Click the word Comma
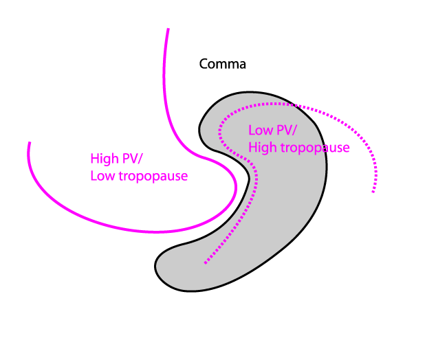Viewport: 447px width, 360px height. coord(222,64)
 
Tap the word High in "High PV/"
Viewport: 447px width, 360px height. coord(105,159)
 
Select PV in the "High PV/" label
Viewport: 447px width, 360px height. coord(130,159)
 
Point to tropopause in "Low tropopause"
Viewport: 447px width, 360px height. coord(153,177)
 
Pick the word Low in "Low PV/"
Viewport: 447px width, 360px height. coord(261,131)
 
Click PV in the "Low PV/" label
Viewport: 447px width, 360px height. coord(285,131)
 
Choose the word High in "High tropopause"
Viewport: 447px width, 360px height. coord(263,148)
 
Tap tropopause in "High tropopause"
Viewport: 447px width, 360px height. coord(315,148)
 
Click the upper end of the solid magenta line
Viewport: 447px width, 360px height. coord(168,28)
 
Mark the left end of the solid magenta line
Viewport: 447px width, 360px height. coord(30,142)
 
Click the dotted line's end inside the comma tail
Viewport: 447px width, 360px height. coord(206,263)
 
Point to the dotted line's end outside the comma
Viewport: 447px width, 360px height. coord(373,192)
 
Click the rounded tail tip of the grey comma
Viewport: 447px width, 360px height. coord(156,267)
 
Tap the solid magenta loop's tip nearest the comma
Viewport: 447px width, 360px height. coord(236,187)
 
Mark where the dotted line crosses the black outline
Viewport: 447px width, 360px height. coord(294,105)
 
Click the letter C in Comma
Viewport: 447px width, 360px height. coord(204,64)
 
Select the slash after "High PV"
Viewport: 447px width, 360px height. coord(140,159)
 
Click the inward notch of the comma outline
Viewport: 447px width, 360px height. coord(248,179)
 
